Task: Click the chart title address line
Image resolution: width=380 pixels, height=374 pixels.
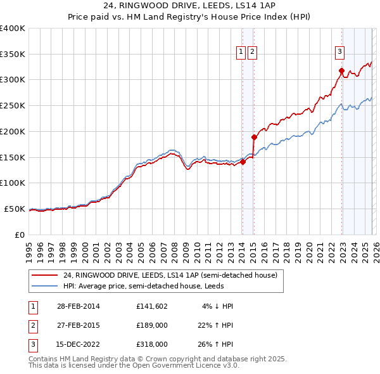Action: (190, 6)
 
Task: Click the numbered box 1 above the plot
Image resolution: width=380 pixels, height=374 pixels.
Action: (241, 53)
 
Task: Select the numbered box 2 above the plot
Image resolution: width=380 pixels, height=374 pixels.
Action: (253, 53)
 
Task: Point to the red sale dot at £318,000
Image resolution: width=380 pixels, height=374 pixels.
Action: (341, 70)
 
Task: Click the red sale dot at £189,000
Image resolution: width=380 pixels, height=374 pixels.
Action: (254, 137)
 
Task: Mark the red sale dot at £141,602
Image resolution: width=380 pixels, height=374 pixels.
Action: (243, 162)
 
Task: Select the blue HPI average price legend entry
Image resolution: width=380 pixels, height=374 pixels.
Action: (151, 286)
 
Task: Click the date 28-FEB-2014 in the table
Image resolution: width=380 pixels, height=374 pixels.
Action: (77, 306)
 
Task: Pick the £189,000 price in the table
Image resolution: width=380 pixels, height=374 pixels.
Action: (151, 325)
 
